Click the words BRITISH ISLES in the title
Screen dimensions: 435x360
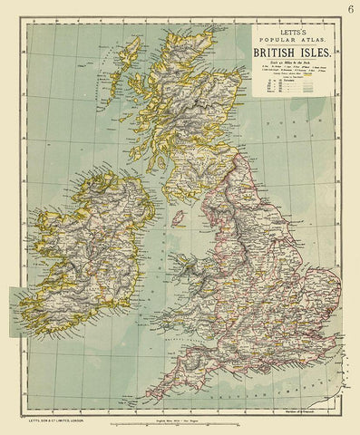[291, 53]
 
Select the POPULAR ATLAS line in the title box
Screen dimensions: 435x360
[291, 39]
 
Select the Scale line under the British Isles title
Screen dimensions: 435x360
[291, 66]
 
